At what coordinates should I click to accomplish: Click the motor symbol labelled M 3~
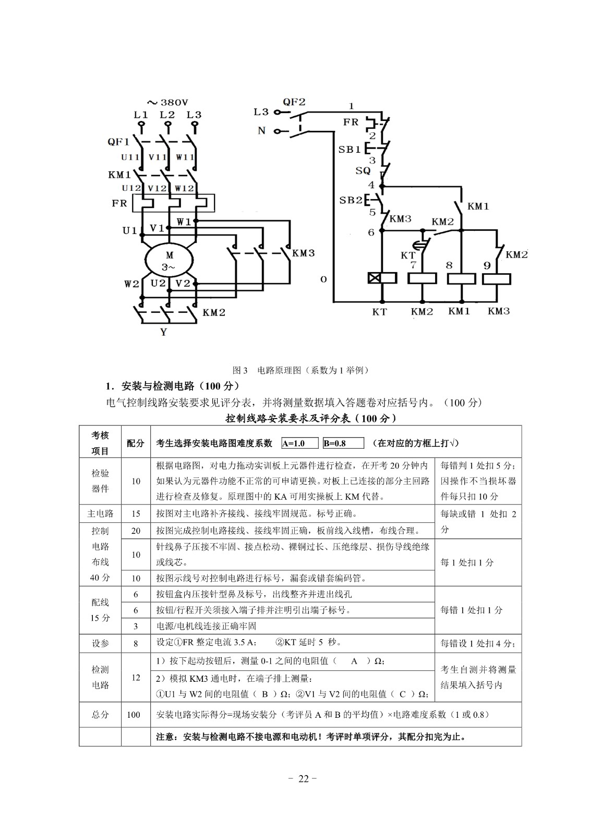(x=169, y=261)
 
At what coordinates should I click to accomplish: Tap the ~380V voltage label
(x=167, y=102)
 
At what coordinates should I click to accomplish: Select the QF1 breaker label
(x=118, y=141)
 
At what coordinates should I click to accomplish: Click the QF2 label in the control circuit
(x=294, y=102)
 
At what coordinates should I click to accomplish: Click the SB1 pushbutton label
(x=350, y=149)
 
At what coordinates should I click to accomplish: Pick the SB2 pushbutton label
(x=351, y=200)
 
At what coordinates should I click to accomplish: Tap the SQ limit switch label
(x=363, y=170)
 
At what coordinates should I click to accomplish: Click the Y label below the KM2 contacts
(x=164, y=332)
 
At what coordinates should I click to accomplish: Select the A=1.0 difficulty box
(x=300, y=444)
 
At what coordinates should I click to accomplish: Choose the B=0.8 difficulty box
(x=343, y=444)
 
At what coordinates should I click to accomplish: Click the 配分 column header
(x=136, y=443)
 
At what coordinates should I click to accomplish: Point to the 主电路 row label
(x=100, y=513)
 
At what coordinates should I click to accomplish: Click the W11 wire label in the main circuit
(x=185, y=157)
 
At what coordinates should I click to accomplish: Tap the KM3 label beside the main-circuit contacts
(x=303, y=253)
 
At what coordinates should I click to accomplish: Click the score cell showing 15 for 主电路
(x=136, y=513)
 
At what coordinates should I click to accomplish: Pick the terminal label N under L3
(x=261, y=130)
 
